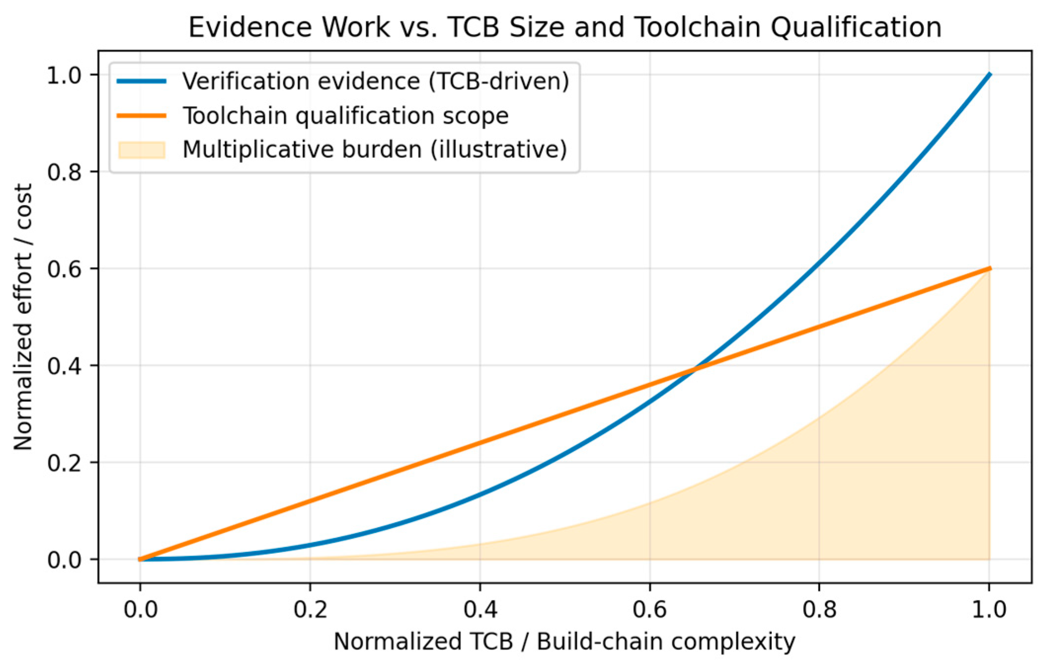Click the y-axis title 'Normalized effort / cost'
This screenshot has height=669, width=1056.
[23, 317]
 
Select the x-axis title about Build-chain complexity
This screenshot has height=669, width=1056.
[565, 641]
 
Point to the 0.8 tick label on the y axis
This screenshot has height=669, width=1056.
[64, 171]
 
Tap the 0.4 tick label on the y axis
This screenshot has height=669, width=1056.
[64, 366]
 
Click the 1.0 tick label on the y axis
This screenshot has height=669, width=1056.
[64, 75]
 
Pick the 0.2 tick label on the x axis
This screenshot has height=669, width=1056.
[310, 610]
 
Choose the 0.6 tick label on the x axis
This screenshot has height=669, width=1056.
[649, 610]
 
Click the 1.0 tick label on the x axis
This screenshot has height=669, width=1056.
[989, 610]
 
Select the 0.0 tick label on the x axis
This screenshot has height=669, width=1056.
[140, 610]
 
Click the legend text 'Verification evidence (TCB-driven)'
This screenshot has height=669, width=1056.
[376, 81]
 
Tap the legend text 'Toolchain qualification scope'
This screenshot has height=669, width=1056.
[345, 116]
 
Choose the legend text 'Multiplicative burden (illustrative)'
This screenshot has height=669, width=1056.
[375, 149]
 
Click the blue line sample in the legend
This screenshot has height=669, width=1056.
[142, 81]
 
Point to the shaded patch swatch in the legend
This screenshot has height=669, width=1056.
[142, 150]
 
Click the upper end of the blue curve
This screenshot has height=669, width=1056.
[989, 75]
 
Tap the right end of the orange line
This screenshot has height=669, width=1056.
[989, 269]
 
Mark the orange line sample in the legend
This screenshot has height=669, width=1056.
[142, 116]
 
